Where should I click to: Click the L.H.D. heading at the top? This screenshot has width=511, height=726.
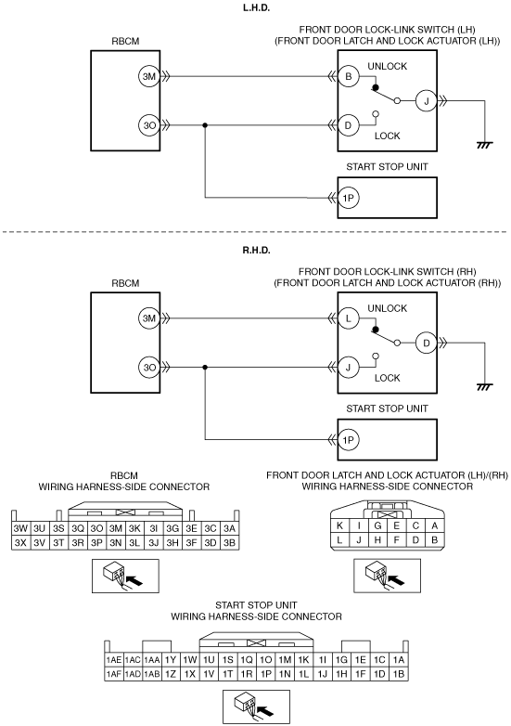pos(256,7)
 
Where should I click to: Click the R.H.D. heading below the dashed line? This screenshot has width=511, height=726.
pos(256,251)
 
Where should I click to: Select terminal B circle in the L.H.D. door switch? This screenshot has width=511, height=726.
pos(348,76)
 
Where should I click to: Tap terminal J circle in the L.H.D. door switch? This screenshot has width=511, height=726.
pos(427,101)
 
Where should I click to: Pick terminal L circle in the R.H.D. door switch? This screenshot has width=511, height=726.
pos(348,318)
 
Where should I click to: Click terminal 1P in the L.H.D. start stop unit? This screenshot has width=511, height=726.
pos(348,198)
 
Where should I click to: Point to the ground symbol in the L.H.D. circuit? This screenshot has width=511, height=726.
pos(485,145)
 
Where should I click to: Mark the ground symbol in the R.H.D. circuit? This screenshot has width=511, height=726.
pos(485,386)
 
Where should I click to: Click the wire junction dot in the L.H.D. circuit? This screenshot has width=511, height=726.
pos(205,125)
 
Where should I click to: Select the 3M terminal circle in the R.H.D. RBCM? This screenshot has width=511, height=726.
pos(148,318)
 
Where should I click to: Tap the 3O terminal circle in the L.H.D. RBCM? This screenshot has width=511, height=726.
pos(148,125)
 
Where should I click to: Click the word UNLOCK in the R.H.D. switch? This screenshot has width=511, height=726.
pos(387,308)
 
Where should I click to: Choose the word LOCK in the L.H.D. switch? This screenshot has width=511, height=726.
pos(387,136)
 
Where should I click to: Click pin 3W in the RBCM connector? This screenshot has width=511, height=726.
pos(20,529)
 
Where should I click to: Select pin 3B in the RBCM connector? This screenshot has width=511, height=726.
pos(229,543)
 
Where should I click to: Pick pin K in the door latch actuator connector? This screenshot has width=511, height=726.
pos(340,525)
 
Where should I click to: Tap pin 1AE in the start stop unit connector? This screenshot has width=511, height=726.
pos(114,660)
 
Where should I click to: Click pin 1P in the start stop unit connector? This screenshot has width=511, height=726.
pos(266,674)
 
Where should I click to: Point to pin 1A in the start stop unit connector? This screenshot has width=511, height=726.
pos(399,660)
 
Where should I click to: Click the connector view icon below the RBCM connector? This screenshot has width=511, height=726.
pos(125,576)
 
